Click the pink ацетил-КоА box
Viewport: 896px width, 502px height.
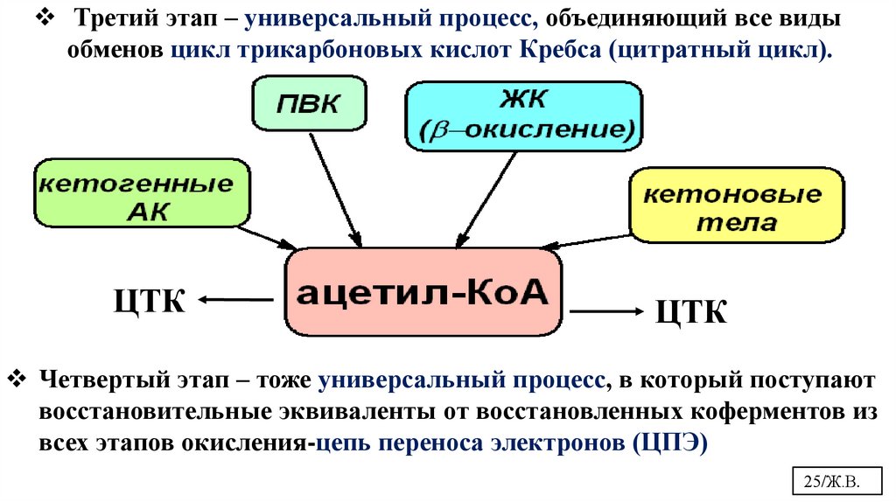click(423, 292)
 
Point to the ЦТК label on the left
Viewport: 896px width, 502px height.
click(150, 301)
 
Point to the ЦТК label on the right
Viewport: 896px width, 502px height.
click(691, 311)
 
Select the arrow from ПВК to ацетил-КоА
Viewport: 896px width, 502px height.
click(335, 192)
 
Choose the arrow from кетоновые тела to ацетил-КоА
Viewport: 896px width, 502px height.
click(598, 242)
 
